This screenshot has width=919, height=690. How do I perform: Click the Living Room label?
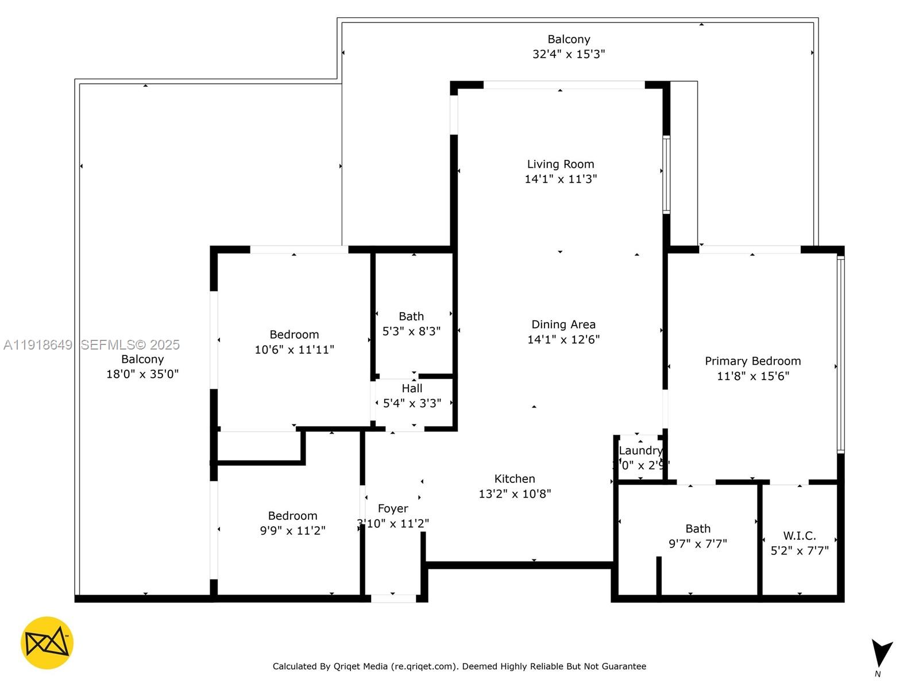(x=561, y=164)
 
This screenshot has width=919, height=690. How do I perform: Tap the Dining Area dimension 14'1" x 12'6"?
(x=563, y=339)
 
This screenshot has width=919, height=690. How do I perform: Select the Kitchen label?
(x=515, y=478)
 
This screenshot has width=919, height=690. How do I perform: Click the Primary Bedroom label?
(x=752, y=361)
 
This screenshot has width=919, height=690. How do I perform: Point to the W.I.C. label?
(x=799, y=536)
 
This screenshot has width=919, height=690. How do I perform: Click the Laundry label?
(x=640, y=451)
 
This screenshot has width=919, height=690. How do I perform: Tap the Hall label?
(x=412, y=389)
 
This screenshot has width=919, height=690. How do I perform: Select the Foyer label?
(x=393, y=508)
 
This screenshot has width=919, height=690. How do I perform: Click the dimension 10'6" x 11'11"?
(x=294, y=350)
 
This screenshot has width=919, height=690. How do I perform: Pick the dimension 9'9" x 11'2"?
(x=292, y=530)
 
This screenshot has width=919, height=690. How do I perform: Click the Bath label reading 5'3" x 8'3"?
(x=411, y=316)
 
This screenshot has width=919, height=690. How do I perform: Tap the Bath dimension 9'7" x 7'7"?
(x=697, y=543)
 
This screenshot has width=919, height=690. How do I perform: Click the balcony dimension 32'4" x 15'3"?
(x=569, y=54)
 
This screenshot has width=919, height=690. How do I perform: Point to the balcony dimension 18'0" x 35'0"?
(x=142, y=374)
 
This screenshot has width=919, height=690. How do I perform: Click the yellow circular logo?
(x=47, y=643)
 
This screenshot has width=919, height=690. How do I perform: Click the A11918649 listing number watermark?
(x=38, y=345)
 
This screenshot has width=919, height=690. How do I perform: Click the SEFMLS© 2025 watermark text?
(x=130, y=345)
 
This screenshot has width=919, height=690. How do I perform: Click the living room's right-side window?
(x=666, y=174)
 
